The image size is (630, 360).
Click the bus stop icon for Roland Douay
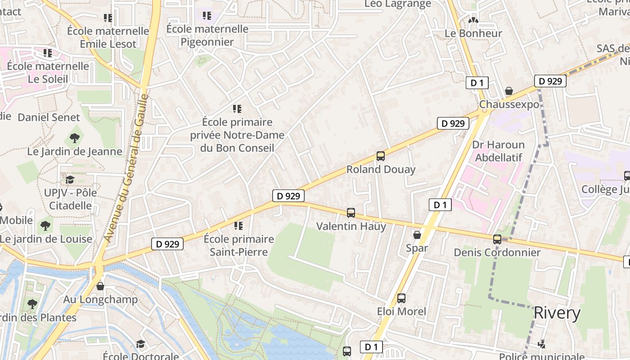(x=381, y=156)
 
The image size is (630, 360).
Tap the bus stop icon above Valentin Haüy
(x=351, y=213)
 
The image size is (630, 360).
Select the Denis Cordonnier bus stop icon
(x=497, y=239)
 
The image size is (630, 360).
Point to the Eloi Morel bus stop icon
(x=401, y=298)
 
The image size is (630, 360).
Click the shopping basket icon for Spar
(x=417, y=235)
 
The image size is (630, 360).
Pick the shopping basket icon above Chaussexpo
(x=509, y=91)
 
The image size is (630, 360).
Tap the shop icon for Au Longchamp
(x=100, y=286)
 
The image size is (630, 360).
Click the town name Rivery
(x=557, y=313)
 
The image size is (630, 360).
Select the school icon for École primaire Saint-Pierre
(x=238, y=225)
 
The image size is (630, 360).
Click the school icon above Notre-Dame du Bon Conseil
(x=237, y=109)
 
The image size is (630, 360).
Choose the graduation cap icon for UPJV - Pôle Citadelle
(x=70, y=180)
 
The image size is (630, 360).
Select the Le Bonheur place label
(x=473, y=33)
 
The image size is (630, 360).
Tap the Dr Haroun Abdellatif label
(x=499, y=151)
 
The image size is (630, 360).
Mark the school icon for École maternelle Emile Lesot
(x=108, y=18)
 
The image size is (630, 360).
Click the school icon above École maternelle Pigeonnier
(x=207, y=16)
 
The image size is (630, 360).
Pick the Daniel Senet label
(x=49, y=117)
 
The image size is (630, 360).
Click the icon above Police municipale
(x=542, y=344)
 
